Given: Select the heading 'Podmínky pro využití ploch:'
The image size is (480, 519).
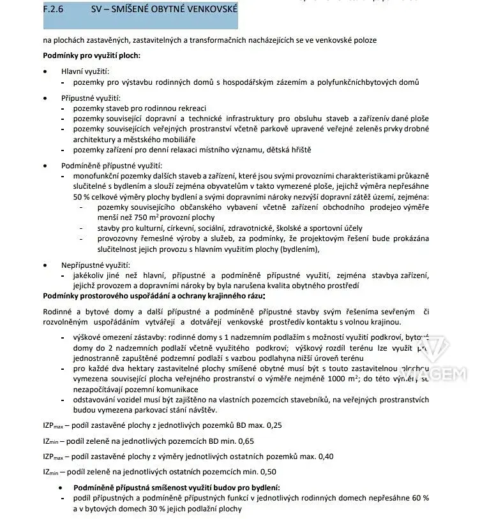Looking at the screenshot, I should (91, 55).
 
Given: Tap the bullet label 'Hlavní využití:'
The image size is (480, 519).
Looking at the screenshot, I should (85, 71).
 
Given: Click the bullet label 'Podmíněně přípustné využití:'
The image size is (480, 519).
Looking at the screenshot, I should (111, 165).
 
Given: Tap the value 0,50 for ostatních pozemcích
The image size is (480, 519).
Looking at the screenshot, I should (267, 472).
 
